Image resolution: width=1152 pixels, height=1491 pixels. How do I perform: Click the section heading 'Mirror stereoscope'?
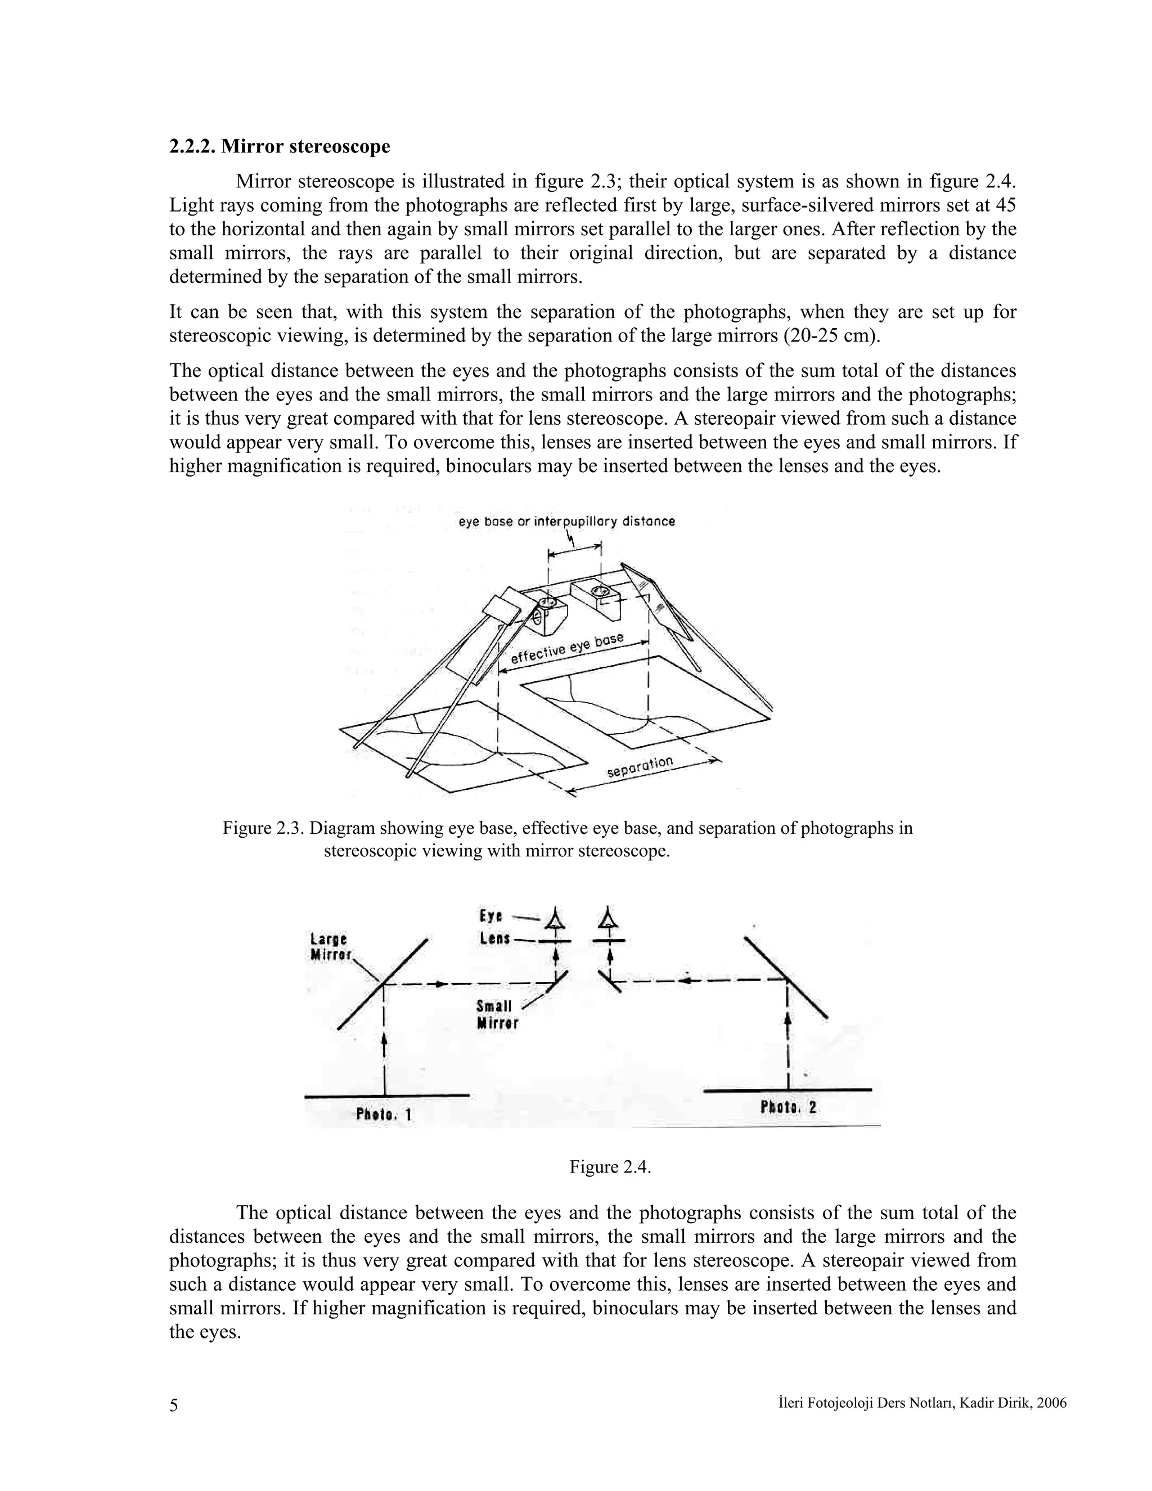click(x=280, y=146)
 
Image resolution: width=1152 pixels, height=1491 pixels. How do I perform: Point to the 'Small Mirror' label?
click(x=497, y=1014)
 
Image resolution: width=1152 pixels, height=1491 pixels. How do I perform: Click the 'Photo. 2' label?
click(x=788, y=1107)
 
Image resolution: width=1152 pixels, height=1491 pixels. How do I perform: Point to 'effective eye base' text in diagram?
click(x=566, y=649)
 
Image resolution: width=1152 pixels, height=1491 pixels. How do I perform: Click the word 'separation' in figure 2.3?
click(x=640, y=767)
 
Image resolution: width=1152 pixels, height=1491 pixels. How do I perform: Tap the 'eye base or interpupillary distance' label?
click(x=566, y=522)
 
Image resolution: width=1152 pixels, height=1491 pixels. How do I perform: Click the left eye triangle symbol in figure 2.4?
click(x=556, y=918)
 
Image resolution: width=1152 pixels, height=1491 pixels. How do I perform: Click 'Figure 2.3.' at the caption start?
click(x=263, y=828)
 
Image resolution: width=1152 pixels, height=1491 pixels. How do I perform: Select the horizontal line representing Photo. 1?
click(x=386, y=1095)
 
